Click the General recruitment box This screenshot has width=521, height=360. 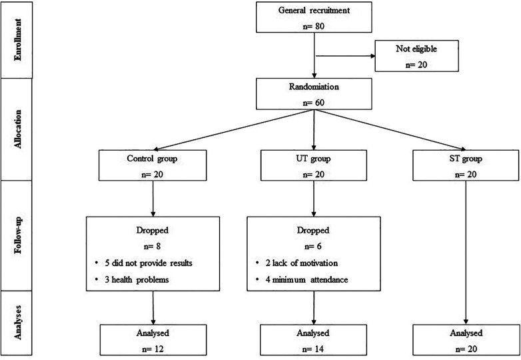pyautogui.click(x=314, y=17)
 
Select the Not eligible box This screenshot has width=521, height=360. pyautogui.click(x=416, y=56)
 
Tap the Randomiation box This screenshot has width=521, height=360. pyautogui.click(x=314, y=94)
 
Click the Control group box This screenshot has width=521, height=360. pyautogui.click(x=153, y=165)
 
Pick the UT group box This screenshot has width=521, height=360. pyautogui.click(x=314, y=165)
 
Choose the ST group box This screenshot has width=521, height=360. pyautogui.click(x=466, y=165)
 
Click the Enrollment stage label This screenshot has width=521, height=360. pyautogui.click(x=17, y=40)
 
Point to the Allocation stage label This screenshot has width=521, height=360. pyautogui.click(x=17, y=129)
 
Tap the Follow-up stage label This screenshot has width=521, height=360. pyautogui.click(x=17, y=235)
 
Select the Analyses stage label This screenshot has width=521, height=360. pyautogui.click(x=17, y=322)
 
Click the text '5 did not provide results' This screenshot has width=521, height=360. pyautogui.click(x=149, y=263)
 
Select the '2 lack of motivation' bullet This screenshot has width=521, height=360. pyautogui.click(x=302, y=263)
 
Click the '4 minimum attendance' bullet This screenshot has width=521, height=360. pyautogui.click(x=306, y=279)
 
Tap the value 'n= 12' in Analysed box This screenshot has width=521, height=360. pyautogui.click(x=153, y=349)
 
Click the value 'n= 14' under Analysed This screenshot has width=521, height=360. pyautogui.click(x=313, y=349)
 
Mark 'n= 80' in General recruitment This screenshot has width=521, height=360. pyautogui.click(x=313, y=26)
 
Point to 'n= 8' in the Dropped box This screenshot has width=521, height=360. pyautogui.click(x=152, y=246)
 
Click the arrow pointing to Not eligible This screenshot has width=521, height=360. pyautogui.click(x=345, y=56)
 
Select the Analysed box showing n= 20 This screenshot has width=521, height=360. pyautogui.click(x=466, y=340)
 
